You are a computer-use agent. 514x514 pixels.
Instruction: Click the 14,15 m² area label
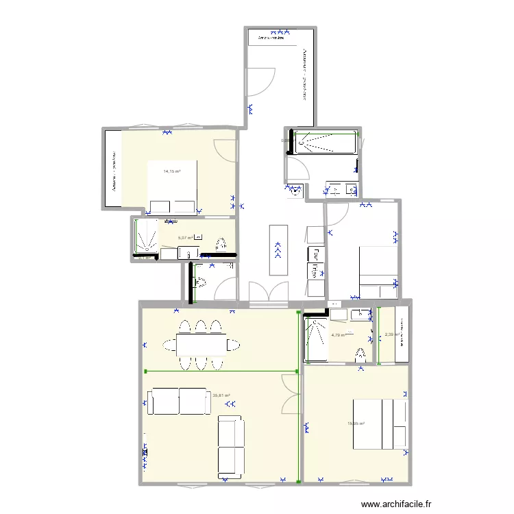pos(171,171)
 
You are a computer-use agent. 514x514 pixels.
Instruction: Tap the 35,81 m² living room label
pos(221,395)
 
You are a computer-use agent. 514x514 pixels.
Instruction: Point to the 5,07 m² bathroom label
pos(185,238)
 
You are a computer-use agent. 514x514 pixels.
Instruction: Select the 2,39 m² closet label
pos(391,334)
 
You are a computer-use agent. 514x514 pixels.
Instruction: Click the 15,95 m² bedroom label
pos(356,424)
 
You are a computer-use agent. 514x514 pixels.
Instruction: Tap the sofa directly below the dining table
pos(180,402)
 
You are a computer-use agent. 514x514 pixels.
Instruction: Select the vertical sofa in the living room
pos(231,447)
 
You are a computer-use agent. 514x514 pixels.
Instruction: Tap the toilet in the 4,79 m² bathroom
pos(360,354)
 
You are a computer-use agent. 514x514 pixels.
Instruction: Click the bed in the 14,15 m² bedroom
pos(172,187)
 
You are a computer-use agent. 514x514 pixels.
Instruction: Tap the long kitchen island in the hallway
pos(278,249)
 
